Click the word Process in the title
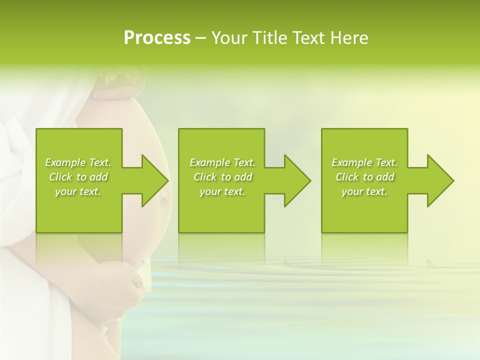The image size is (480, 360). point(157,38)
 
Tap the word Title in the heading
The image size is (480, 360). point(265,38)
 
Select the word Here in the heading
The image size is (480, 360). point(349,38)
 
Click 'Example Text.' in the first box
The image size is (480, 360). point(78,162)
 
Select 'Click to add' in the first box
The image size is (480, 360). point(78,177)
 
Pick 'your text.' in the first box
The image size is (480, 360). point(78,191)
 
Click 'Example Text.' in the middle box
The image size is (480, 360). point(222,162)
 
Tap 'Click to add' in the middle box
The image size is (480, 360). point(222,177)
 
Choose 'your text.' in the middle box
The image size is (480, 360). point(222,191)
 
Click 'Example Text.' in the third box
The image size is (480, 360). point(364,162)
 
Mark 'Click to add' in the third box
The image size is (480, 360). point(364,177)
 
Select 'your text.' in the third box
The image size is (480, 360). point(364,191)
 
